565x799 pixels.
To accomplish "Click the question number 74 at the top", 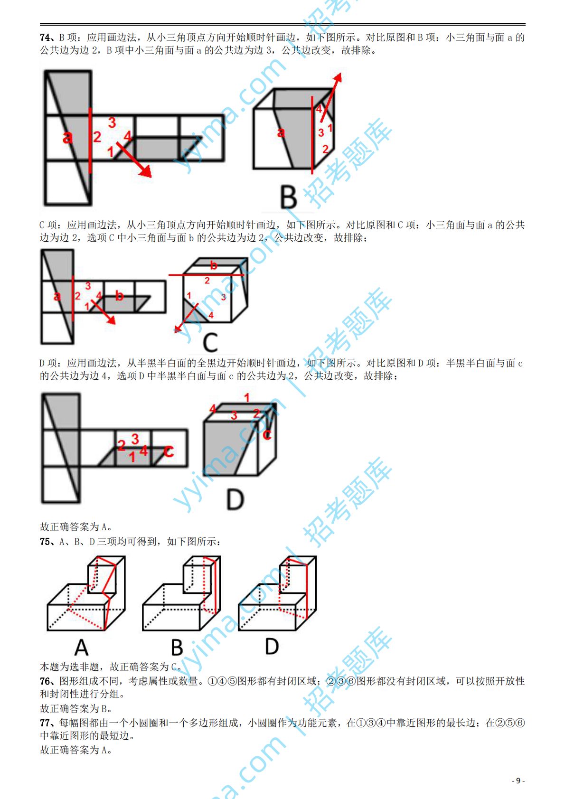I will click(x=45, y=38).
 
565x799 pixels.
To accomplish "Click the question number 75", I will click(x=45, y=542).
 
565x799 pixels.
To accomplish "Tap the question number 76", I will click(x=45, y=681).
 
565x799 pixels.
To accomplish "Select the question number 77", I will click(x=45, y=723).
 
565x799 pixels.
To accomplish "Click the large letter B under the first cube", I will click(x=288, y=197).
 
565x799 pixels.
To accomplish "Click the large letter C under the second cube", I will click(x=210, y=342).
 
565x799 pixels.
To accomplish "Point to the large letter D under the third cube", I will click(x=235, y=500).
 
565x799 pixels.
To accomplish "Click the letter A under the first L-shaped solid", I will click(x=82, y=647).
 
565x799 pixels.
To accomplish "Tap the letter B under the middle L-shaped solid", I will click(x=177, y=648).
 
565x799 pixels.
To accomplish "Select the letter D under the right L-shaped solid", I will click(x=272, y=646).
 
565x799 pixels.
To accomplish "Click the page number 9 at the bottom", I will click(x=518, y=780).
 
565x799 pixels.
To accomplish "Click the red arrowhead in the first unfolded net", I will click(x=145, y=171).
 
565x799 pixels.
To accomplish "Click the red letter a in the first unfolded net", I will click(x=67, y=138).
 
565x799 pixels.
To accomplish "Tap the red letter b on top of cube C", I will click(x=214, y=265).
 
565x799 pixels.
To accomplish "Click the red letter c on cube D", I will click(x=267, y=434).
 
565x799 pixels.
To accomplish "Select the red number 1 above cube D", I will click(x=246, y=397).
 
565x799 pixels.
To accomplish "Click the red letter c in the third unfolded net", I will click(x=169, y=451).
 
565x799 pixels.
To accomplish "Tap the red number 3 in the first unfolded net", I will click(x=112, y=123).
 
